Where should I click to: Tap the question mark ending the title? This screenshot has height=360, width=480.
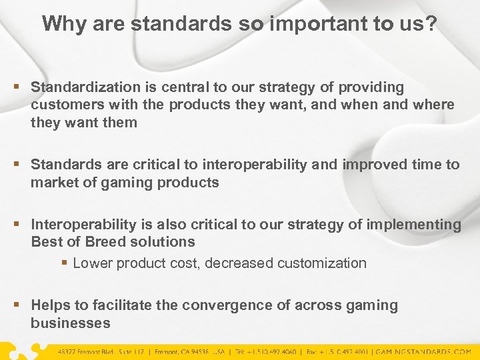(x=431, y=23)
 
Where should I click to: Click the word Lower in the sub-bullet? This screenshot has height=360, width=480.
(x=93, y=263)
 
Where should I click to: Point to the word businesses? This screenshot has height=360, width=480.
(x=70, y=323)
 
